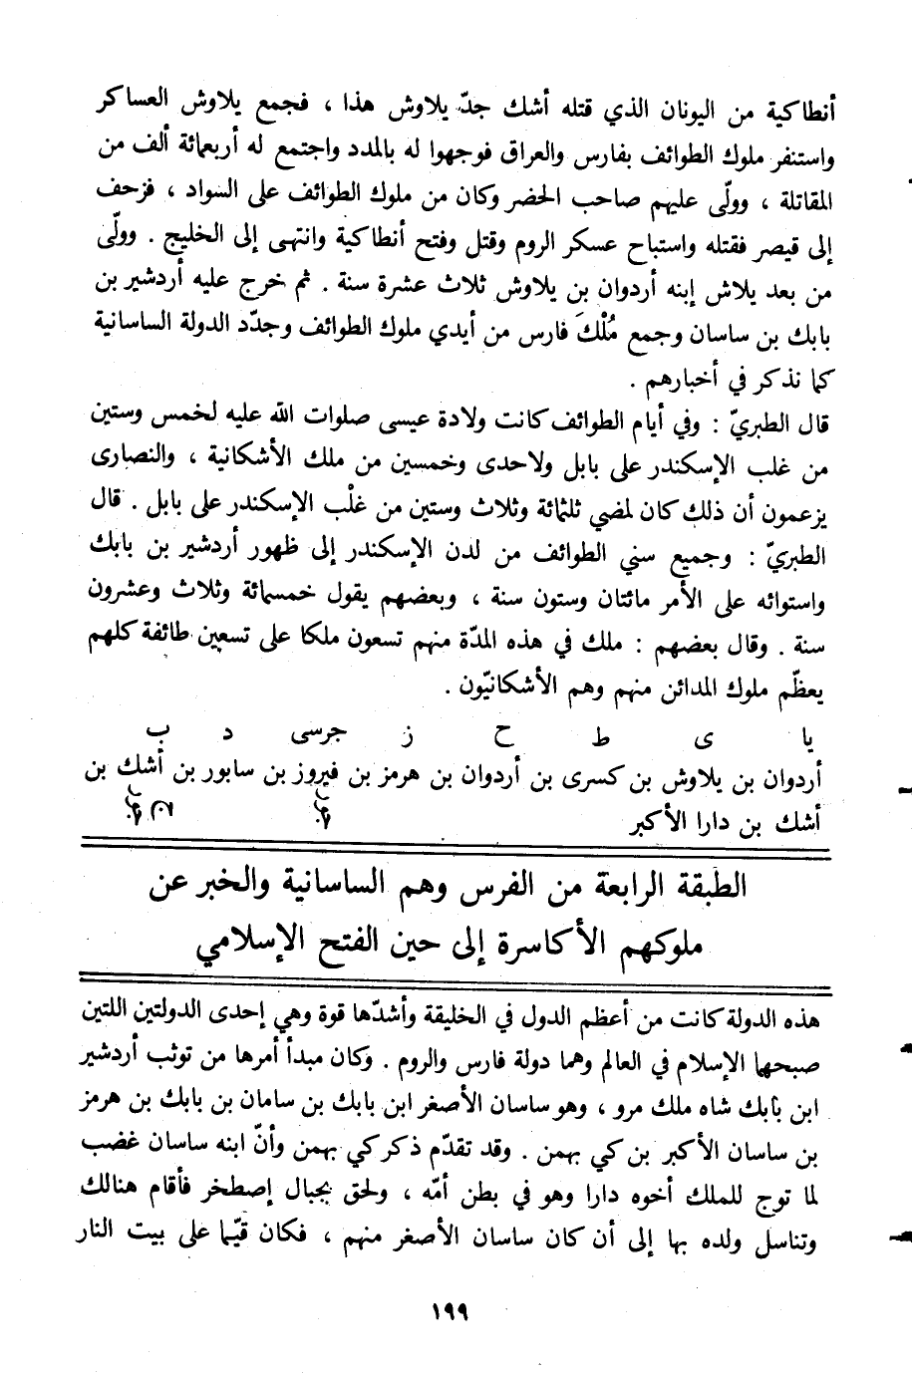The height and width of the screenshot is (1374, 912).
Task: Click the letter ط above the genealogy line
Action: [598, 739]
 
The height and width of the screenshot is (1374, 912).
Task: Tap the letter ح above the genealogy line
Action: [505, 739]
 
